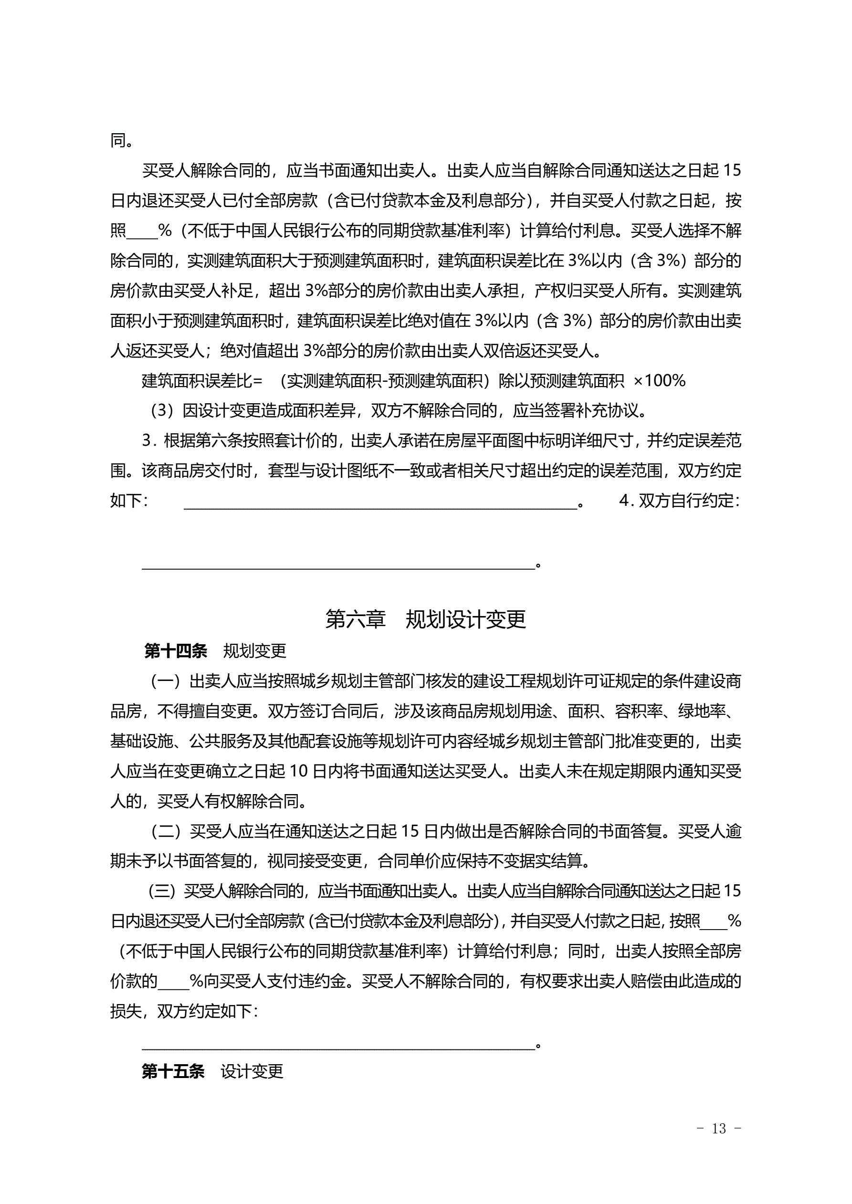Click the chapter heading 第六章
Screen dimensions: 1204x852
(x=355, y=619)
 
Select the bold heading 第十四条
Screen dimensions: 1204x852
(x=175, y=651)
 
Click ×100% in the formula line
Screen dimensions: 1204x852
(x=659, y=381)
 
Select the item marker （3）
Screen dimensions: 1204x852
(x=162, y=410)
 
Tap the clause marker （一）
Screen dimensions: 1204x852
(x=166, y=681)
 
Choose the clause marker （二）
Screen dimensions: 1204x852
(x=166, y=831)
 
